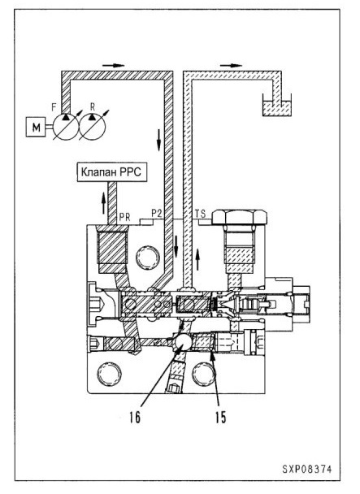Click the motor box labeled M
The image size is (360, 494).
point(35,127)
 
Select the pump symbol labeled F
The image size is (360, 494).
point(66,126)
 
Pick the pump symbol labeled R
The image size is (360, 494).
point(93,126)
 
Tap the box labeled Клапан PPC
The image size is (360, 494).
point(112,172)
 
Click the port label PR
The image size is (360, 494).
point(124,217)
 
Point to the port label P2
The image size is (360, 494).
point(157,214)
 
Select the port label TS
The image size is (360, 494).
point(200,214)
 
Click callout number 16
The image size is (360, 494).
point(135,418)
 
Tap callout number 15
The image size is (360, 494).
point(221,418)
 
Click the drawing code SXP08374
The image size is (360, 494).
point(307,469)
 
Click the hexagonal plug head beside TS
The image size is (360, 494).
point(240,217)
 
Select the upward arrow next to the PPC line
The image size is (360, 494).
point(103,203)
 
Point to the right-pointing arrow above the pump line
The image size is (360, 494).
point(114,66)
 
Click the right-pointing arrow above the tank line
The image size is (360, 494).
point(231,66)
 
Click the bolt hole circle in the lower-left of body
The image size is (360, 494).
point(109,375)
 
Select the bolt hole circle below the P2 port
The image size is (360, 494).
point(148,258)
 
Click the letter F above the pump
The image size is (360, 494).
point(54,107)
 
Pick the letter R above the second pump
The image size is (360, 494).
point(93,106)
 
